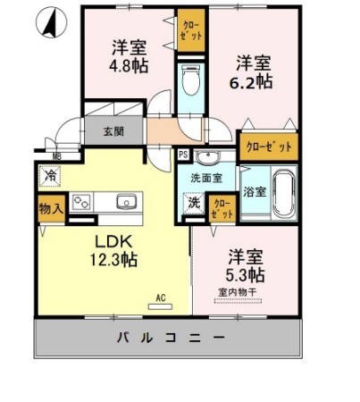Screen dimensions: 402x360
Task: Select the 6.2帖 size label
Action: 253,82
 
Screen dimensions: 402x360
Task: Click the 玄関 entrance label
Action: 113,132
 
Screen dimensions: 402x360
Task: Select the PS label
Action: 183,154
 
